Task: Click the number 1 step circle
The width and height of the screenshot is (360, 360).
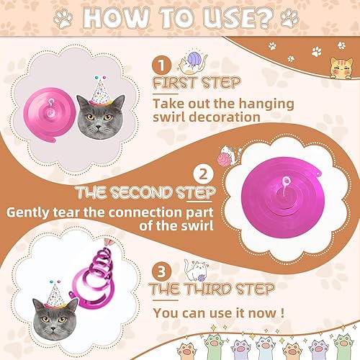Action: click(161, 66)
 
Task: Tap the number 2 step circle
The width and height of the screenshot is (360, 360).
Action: click(203, 174)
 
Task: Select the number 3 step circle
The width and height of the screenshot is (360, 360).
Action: click(161, 272)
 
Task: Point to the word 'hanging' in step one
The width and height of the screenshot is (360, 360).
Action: click(266, 105)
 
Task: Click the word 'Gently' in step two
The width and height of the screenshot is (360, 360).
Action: click(28, 213)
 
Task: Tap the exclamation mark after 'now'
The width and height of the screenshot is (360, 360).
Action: click(282, 313)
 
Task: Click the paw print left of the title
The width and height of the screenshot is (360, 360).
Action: click(63, 19)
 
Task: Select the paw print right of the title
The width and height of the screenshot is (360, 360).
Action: click(289, 18)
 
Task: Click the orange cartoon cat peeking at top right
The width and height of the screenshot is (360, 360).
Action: click(341, 68)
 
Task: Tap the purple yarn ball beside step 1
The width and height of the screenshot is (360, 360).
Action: click(195, 59)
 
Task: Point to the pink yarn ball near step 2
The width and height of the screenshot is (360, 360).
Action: click(224, 160)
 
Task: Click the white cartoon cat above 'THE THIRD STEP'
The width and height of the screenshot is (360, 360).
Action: click(196, 270)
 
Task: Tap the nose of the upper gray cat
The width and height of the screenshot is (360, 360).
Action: click(98, 127)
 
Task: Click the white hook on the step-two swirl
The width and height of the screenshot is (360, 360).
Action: click(286, 185)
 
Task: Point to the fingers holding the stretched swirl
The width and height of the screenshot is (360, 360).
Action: click(109, 242)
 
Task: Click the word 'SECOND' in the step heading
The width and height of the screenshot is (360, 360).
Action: click(142, 193)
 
